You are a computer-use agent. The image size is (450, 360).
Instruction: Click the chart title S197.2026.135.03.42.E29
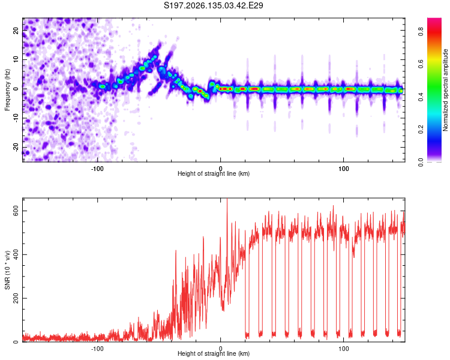(x=213, y=5)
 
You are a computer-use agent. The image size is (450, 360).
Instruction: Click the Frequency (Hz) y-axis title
(x=7, y=90)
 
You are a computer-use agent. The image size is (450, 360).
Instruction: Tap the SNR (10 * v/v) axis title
(x=7, y=270)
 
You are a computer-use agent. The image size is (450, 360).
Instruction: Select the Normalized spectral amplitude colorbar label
(x=445, y=90)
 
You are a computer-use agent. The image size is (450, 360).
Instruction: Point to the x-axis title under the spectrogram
(x=214, y=173)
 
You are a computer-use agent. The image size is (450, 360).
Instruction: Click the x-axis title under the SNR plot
(x=214, y=353)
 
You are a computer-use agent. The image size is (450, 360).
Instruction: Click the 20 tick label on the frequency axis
(x=16, y=31)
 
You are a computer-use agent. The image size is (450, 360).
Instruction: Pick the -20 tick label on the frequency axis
(x=16, y=146)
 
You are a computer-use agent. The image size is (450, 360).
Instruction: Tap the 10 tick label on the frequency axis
(x=16, y=59)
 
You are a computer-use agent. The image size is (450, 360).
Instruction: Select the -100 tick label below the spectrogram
(x=97, y=169)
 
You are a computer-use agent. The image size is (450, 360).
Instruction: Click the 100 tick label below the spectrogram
(x=344, y=169)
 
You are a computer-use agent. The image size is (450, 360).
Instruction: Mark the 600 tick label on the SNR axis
(x=16, y=211)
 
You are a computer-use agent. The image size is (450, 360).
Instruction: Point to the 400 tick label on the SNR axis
(x=16, y=255)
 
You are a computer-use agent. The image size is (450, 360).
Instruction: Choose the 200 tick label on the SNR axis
(x=16, y=299)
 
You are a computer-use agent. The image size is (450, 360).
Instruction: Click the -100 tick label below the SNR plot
(x=97, y=349)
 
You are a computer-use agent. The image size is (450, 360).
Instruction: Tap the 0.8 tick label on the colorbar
(x=421, y=31)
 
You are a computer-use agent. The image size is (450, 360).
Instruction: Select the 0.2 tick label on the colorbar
(x=421, y=130)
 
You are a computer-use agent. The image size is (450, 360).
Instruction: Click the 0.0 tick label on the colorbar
(x=421, y=162)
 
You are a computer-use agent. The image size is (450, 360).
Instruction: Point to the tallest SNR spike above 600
(x=227, y=200)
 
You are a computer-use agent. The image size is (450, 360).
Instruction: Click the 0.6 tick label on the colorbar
(x=421, y=64)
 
